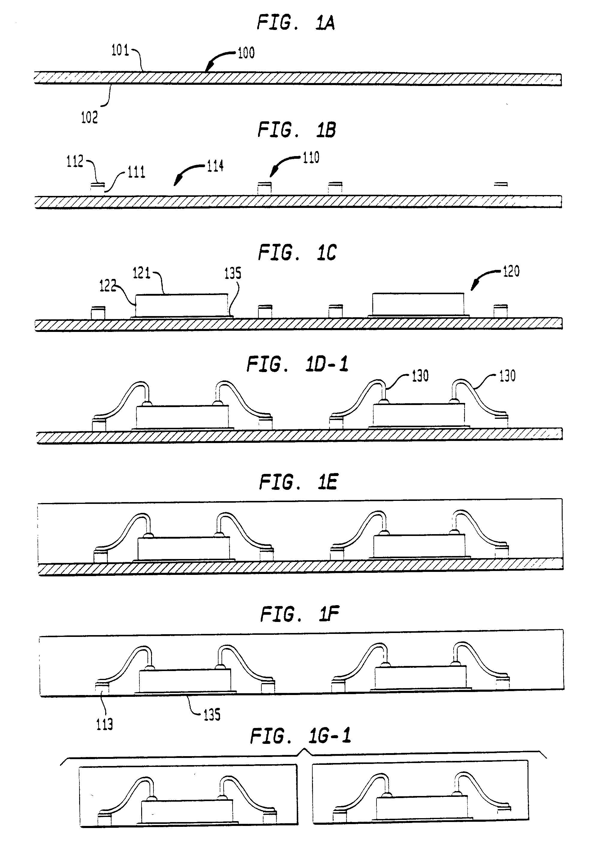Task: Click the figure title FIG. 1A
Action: click(x=296, y=23)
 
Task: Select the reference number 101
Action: click(x=120, y=50)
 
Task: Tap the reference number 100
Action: click(x=246, y=53)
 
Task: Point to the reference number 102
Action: click(x=89, y=118)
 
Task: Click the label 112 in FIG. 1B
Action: click(x=75, y=162)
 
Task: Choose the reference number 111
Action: click(x=136, y=172)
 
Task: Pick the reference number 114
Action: click(x=215, y=166)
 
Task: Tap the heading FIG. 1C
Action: click(x=297, y=253)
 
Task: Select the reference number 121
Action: click(x=141, y=274)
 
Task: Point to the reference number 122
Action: click(x=107, y=286)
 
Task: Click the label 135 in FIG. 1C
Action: click(x=233, y=274)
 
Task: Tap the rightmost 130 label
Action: click(x=507, y=376)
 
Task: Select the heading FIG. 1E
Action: click(x=298, y=482)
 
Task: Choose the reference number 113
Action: click(x=104, y=724)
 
